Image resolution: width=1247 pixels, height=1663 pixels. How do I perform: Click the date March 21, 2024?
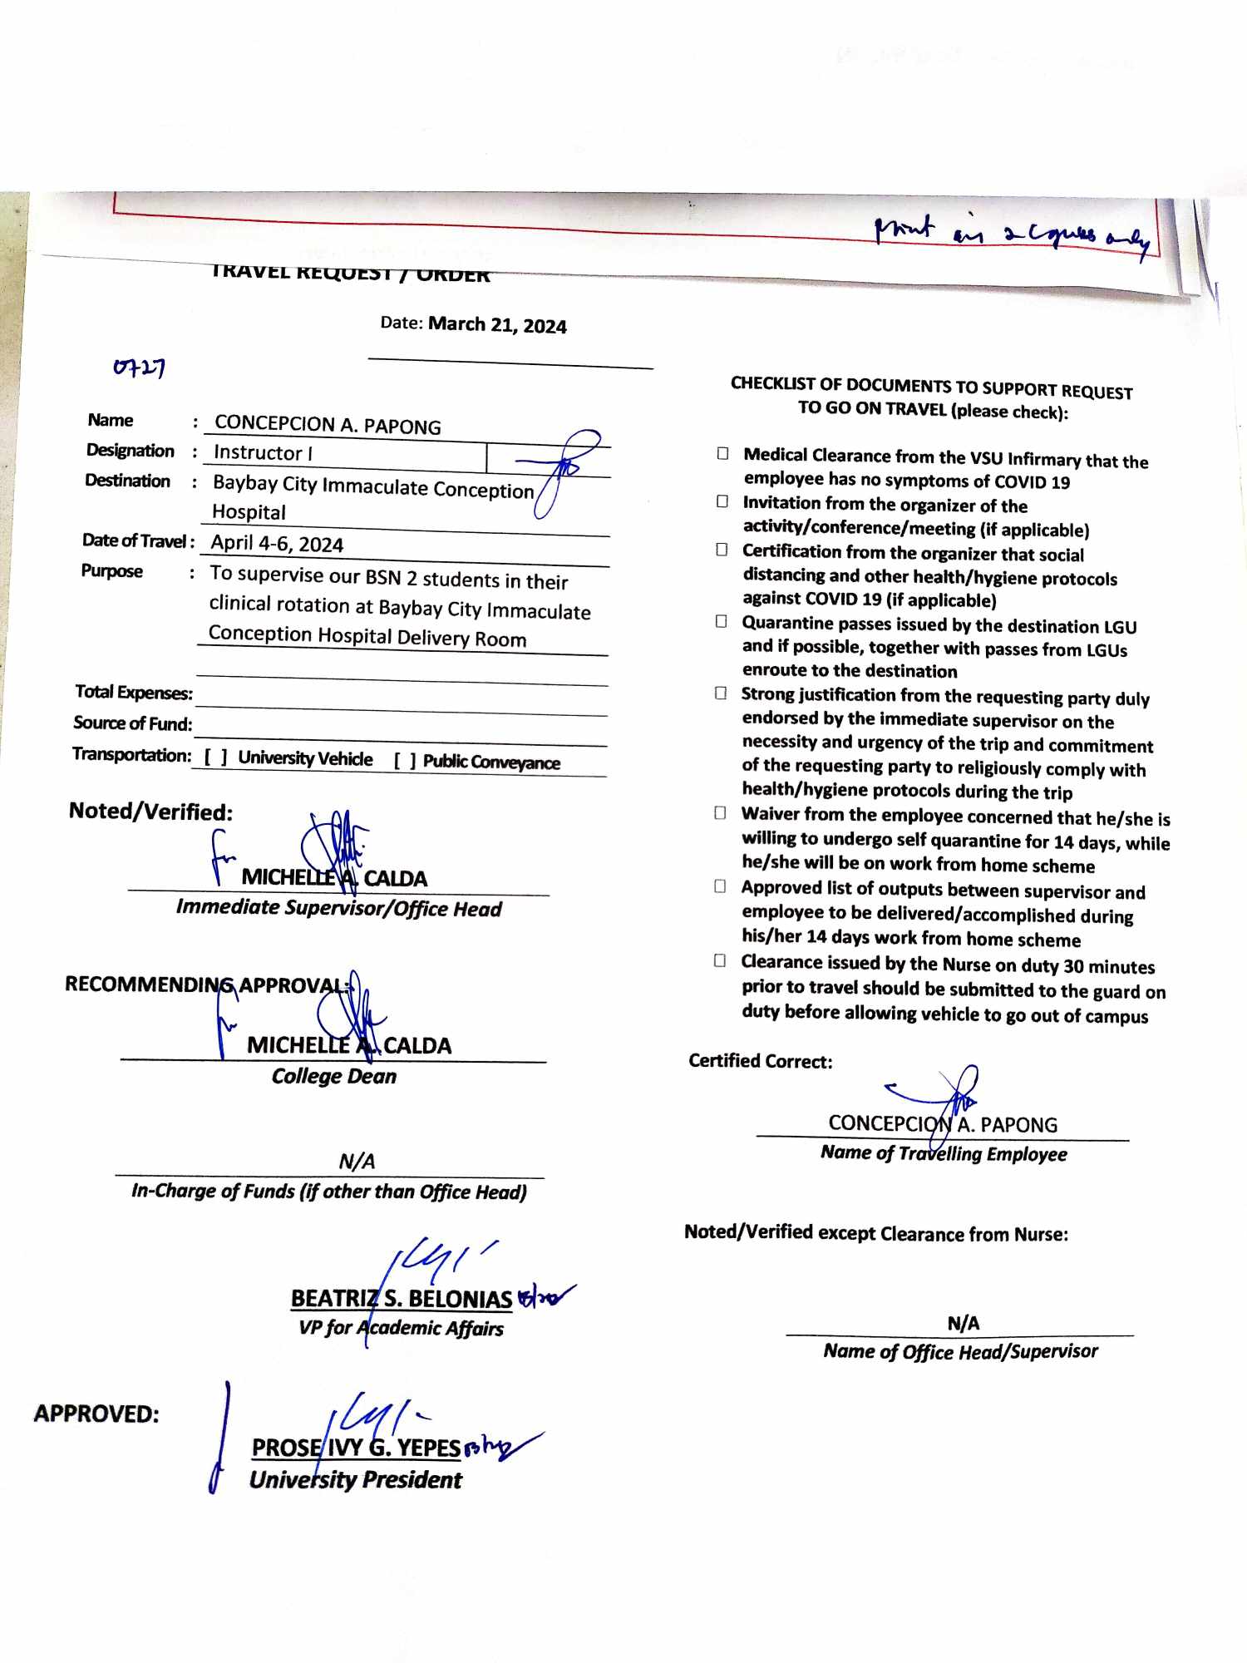pyautogui.click(x=497, y=325)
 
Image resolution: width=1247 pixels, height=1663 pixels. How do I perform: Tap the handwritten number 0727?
pyautogui.click(x=139, y=367)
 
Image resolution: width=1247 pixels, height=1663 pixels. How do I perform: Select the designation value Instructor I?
pyautogui.click(x=263, y=452)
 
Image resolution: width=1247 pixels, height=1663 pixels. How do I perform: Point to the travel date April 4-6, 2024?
pyautogui.click(x=277, y=544)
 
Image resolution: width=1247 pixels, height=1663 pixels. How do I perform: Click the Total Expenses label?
pyautogui.click(x=133, y=692)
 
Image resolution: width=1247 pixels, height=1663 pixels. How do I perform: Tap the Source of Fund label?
pyautogui.click(x=132, y=723)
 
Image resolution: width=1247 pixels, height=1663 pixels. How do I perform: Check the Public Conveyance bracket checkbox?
pyautogui.click(x=405, y=761)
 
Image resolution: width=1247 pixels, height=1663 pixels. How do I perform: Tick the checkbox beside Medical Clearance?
pyautogui.click(x=722, y=454)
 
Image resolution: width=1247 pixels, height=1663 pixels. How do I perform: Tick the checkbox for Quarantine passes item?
pyautogui.click(x=722, y=622)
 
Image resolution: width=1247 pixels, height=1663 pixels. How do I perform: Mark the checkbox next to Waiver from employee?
pyautogui.click(x=720, y=813)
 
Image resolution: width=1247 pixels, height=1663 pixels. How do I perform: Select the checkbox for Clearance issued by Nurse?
pyautogui.click(x=720, y=961)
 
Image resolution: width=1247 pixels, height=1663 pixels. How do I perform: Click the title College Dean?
pyautogui.click(x=334, y=1076)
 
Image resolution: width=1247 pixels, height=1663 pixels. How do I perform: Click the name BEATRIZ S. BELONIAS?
pyautogui.click(x=401, y=1299)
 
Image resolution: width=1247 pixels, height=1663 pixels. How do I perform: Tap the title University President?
pyautogui.click(x=356, y=1480)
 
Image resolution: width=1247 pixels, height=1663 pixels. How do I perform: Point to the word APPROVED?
pyautogui.click(x=96, y=1414)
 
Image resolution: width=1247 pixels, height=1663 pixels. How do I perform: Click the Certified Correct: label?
pyautogui.click(x=760, y=1061)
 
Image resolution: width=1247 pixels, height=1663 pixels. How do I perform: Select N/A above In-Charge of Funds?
pyautogui.click(x=357, y=1161)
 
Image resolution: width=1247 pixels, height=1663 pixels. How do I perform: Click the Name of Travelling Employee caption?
pyautogui.click(x=944, y=1153)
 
